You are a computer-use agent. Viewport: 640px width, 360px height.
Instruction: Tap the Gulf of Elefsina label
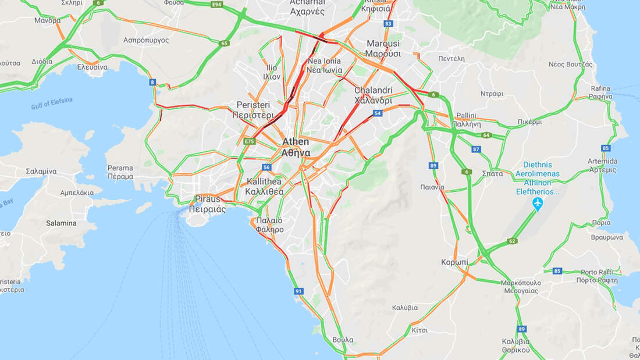pos(52,104)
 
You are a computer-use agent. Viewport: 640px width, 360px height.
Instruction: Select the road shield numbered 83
pos(389,23)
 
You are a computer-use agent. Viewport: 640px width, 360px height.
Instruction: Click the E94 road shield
pos(217,5)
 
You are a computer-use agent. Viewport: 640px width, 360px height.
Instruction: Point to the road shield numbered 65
pos(225,43)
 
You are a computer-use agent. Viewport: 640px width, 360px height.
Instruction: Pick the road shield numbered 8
pos(152,82)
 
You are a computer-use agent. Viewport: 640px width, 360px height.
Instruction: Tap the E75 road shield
pos(250,141)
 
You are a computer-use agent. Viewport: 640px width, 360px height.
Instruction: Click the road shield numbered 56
pos(266,167)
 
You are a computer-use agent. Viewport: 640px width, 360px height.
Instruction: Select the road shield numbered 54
pos(378,113)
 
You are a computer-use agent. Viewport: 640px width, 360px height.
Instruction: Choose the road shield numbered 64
pos(486,136)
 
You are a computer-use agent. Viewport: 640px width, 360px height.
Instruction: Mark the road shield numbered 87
pos(477,149)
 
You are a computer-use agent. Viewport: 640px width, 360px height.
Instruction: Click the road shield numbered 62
pos(512,241)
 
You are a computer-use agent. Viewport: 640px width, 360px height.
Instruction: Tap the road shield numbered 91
pos(298,291)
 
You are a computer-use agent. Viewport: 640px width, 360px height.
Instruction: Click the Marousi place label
pos(383,48)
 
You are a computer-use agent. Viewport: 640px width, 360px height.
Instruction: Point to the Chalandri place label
pos(373,95)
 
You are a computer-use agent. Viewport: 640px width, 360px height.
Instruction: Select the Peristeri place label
pos(253,109)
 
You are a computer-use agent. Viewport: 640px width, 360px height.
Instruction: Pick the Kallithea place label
pos(265,186)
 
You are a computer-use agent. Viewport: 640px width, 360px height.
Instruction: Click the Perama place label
pos(120,172)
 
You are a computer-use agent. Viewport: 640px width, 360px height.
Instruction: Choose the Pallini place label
pos(466,120)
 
